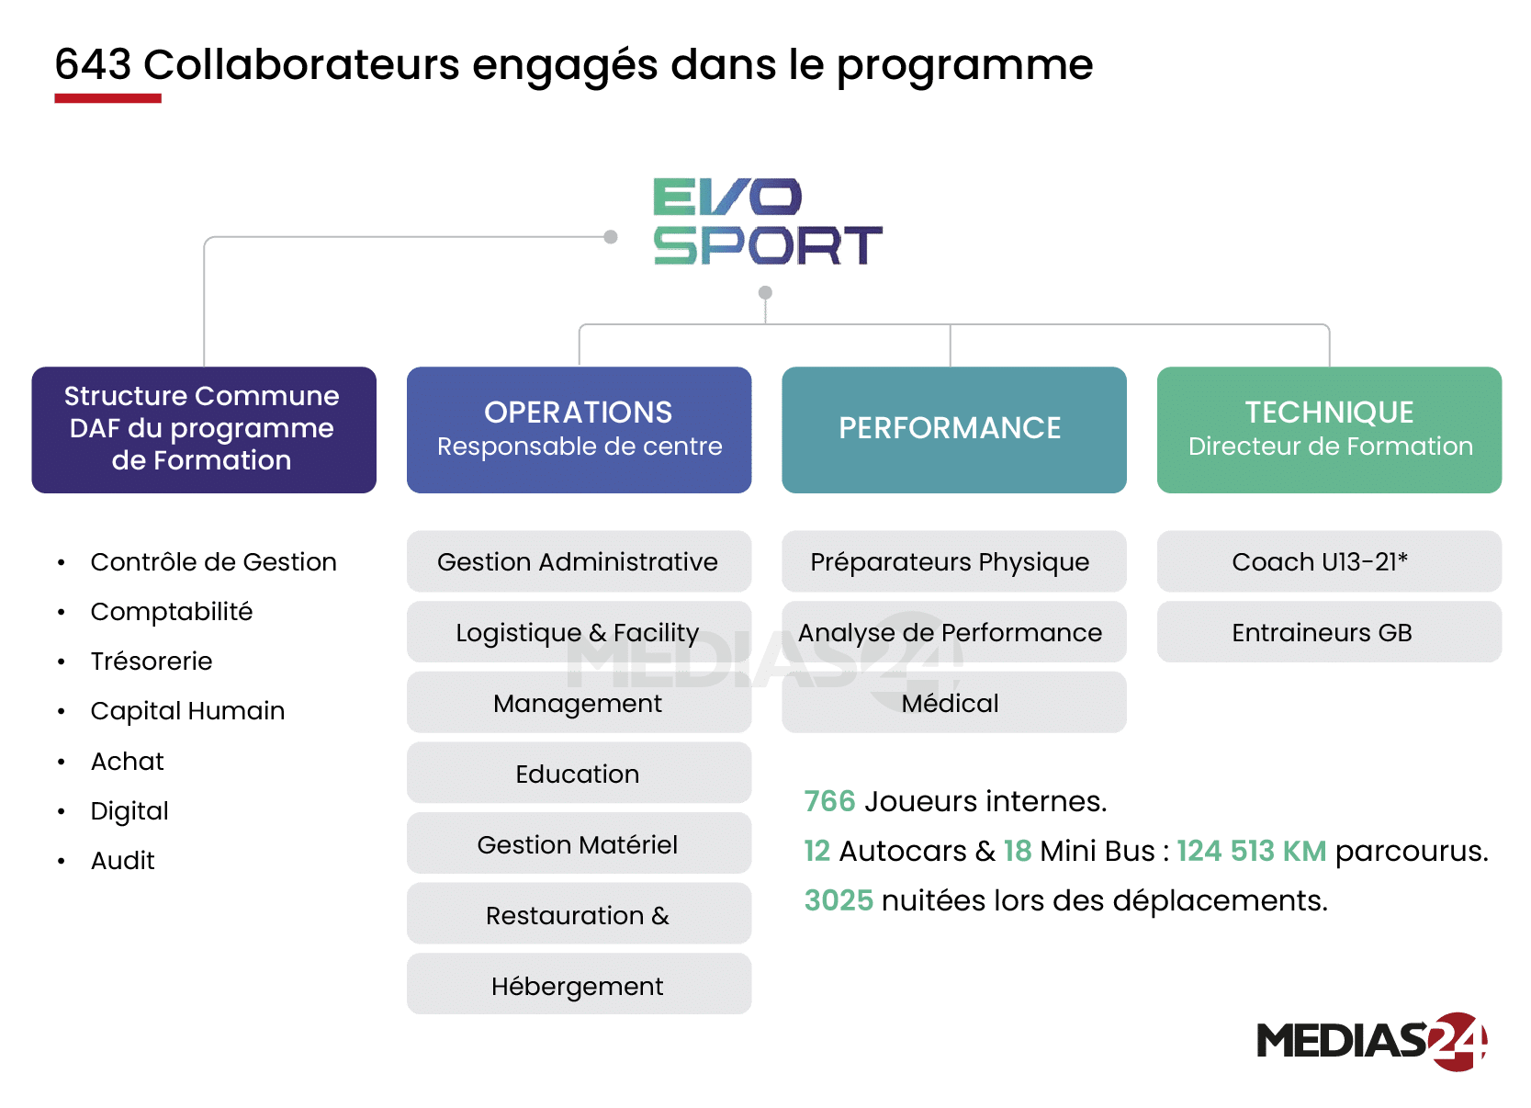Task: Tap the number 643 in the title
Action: (93, 65)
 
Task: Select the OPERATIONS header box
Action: (579, 429)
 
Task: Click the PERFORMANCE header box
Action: (953, 429)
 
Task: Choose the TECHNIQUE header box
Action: (1329, 429)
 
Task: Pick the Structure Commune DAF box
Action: (203, 429)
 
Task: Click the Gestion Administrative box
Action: (579, 561)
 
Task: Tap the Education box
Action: (579, 774)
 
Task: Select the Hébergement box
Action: (579, 985)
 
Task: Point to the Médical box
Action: (953, 703)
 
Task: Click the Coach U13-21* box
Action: (1329, 561)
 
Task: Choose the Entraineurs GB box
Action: (1329, 632)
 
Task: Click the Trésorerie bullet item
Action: (152, 661)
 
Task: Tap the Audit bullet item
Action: (123, 861)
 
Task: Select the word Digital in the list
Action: (129, 811)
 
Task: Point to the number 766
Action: (829, 801)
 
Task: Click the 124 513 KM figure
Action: (1251, 851)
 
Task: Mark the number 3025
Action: (839, 900)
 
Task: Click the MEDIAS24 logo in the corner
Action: (1371, 1042)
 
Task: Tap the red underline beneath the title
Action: (107, 98)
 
